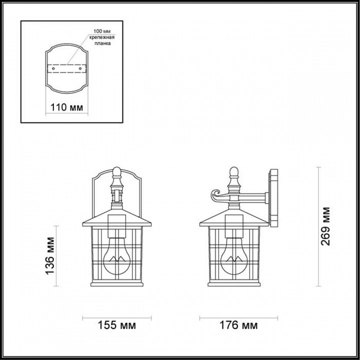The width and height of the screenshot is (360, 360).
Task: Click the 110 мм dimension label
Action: pyautogui.click(x=66, y=107)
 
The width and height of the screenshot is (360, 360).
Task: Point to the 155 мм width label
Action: pyautogui.click(x=116, y=326)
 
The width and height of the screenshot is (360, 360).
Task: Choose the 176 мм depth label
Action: pyautogui.click(x=238, y=326)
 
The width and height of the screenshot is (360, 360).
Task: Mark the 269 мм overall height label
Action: pyautogui.click(x=326, y=226)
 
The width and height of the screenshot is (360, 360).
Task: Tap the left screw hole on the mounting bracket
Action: pyautogui.click(x=54, y=68)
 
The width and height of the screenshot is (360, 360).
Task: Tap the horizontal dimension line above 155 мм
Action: pyautogui.click(x=116, y=317)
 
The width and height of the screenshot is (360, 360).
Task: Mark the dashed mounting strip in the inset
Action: pyautogui.click(x=66, y=68)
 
